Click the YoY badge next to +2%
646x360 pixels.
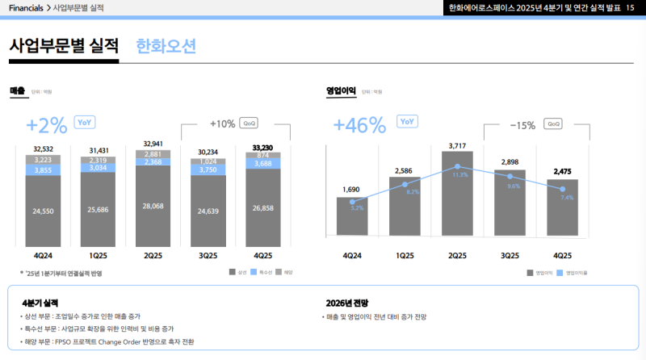pos(85,122)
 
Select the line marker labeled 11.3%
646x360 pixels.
pos(458,166)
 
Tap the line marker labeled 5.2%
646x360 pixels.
pos(352,202)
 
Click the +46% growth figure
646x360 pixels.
pos(360,125)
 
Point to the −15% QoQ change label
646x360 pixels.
pos(522,125)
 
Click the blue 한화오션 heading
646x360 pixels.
pos(166,46)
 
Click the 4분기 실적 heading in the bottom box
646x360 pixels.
pos(40,303)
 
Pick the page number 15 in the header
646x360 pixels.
pos(630,8)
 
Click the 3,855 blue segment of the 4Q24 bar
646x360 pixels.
pos(43,170)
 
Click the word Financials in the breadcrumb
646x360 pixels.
pos(26,8)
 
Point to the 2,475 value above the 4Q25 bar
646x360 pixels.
pos(562,171)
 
